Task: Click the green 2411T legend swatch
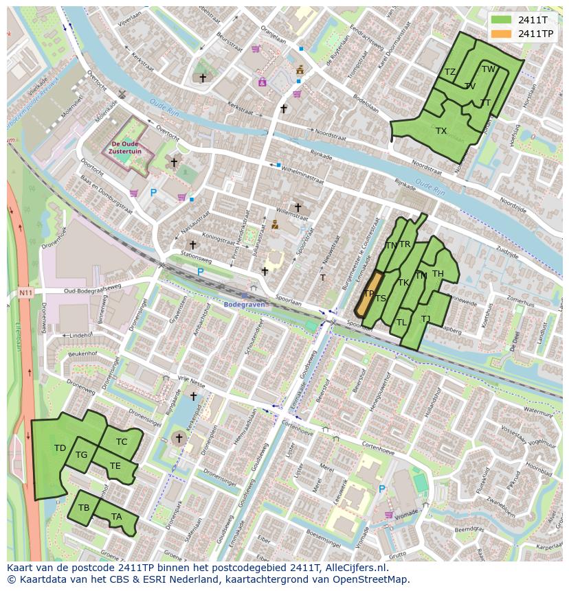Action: pyautogui.click(x=502, y=20)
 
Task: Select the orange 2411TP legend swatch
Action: pyautogui.click(x=502, y=34)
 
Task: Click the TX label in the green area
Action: pyautogui.click(x=441, y=130)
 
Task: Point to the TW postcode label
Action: pyautogui.click(x=489, y=69)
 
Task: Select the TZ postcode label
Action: pyautogui.click(x=450, y=72)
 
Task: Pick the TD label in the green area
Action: pyautogui.click(x=60, y=448)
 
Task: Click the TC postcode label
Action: pyautogui.click(x=122, y=441)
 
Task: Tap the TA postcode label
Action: pyautogui.click(x=117, y=517)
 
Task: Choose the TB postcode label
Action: pyautogui.click(x=84, y=508)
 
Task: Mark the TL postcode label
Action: pyautogui.click(x=401, y=322)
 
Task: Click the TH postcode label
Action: pyautogui.click(x=438, y=274)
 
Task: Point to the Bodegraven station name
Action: pyautogui.click(x=243, y=303)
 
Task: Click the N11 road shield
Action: pyautogui.click(x=25, y=293)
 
